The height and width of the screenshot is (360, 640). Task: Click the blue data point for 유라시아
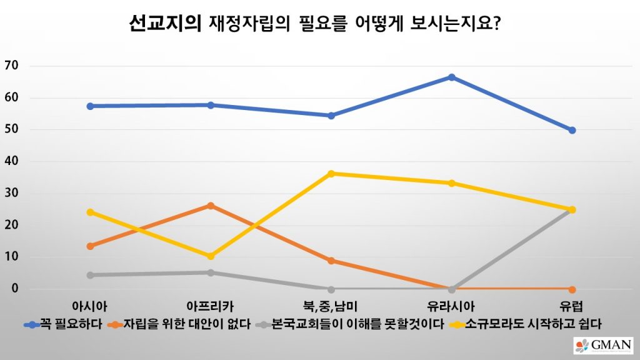coord(451,77)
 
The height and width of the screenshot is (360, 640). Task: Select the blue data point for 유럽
coord(572,130)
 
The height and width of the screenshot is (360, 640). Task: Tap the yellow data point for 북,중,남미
coord(331,173)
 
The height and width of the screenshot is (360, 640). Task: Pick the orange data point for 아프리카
coord(211,205)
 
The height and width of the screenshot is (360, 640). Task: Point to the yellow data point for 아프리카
coord(211,256)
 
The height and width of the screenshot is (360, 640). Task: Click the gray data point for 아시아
coord(90,275)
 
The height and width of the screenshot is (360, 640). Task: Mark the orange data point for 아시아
coord(90,246)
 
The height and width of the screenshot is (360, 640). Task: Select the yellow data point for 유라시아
coord(451,183)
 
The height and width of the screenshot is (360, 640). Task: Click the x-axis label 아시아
coord(90,306)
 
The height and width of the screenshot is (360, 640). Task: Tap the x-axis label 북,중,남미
coord(331,306)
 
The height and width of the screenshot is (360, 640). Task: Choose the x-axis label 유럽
coord(572,306)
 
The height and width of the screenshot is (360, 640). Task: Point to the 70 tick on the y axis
coord(12,66)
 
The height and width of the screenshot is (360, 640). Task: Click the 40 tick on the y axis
coord(12,161)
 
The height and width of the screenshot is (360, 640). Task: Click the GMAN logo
coord(603,346)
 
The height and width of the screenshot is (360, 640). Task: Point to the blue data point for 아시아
coord(90,106)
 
